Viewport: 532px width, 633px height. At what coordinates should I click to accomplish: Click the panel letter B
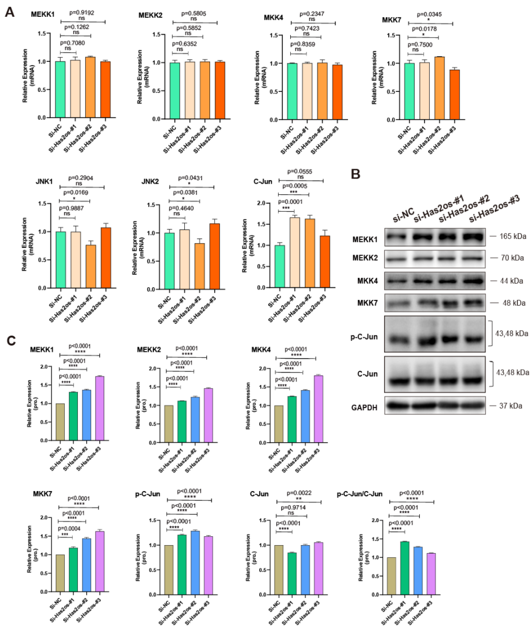pos(356,174)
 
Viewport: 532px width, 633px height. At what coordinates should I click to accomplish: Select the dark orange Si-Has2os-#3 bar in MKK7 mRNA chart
pos(455,95)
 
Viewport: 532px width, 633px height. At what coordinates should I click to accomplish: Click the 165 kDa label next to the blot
pos(513,236)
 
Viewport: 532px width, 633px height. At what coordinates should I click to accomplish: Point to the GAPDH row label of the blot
pos(364,408)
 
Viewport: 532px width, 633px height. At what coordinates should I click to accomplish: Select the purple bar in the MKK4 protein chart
pos(319,409)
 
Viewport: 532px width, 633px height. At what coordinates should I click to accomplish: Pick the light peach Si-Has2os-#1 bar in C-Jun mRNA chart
pos(295,252)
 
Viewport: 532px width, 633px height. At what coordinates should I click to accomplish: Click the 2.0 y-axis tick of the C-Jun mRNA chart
pos(265,203)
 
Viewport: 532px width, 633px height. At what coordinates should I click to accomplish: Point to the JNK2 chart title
pos(150,182)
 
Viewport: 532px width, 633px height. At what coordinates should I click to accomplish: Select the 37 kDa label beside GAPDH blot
pos(510,406)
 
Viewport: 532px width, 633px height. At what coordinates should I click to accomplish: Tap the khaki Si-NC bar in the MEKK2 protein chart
pos(169,424)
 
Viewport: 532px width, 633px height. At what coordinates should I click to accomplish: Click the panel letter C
pos(11,341)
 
